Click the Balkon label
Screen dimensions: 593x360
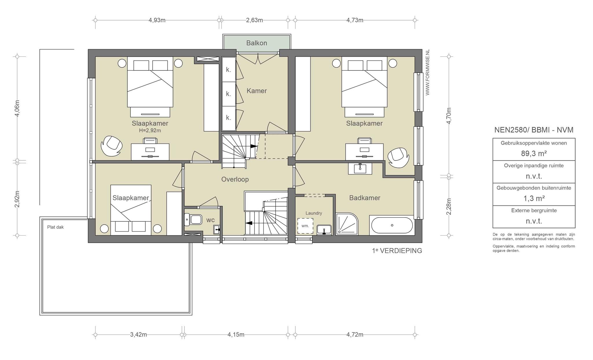click(x=257, y=43)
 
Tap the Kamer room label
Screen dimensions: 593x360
click(x=257, y=91)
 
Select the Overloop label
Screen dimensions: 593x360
click(x=235, y=179)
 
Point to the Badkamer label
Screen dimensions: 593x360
click(x=365, y=198)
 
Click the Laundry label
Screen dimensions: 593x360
click(x=314, y=213)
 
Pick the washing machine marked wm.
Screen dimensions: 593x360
click(x=305, y=226)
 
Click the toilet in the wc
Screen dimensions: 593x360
click(x=193, y=220)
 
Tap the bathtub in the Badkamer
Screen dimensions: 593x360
click(x=392, y=225)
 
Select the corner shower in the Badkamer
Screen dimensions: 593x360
click(x=347, y=224)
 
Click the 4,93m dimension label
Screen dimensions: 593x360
click(x=157, y=20)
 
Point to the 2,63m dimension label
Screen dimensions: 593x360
click(x=255, y=20)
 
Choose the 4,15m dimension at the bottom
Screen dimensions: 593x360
click(x=236, y=335)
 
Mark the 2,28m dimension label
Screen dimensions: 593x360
click(x=449, y=207)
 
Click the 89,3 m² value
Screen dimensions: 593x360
click(x=534, y=154)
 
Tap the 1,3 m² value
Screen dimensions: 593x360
click(x=534, y=199)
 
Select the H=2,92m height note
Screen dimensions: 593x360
click(x=150, y=131)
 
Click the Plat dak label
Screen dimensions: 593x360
click(x=55, y=227)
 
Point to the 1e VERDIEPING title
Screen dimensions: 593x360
click(x=397, y=251)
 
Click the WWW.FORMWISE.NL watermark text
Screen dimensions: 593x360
click(x=427, y=72)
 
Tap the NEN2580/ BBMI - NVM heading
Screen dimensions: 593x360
click(x=534, y=130)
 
